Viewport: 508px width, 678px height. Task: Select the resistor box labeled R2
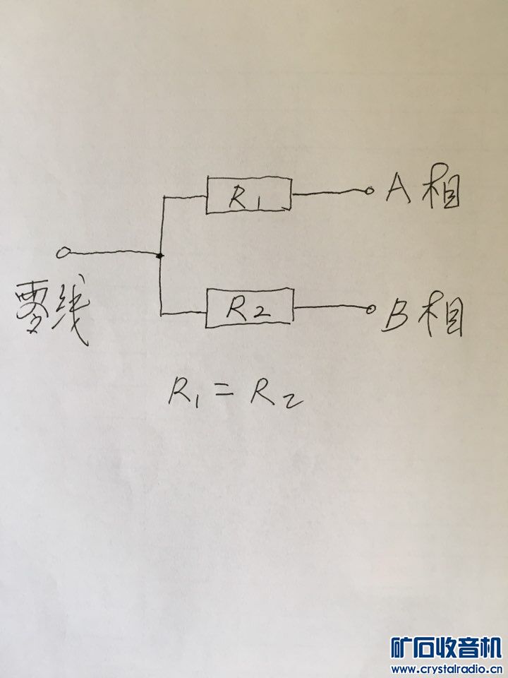(x=249, y=307)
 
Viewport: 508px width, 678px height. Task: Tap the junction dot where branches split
(x=161, y=254)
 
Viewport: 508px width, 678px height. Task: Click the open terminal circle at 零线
(x=64, y=251)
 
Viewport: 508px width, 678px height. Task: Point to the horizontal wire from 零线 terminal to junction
(x=113, y=253)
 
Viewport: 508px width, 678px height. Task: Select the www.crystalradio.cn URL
(x=445, y=669)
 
